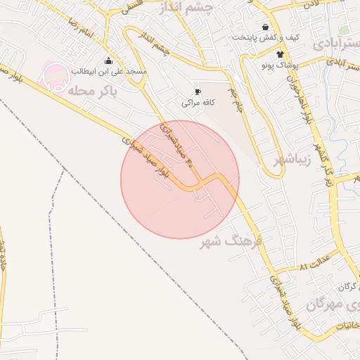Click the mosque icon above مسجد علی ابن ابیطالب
[x=108, y=60]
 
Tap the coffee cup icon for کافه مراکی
[x=198, y=91]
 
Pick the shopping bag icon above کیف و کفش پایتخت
[x=264, y=27]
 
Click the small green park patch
[x=344, y=30]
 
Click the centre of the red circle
[x=180, y=179]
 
